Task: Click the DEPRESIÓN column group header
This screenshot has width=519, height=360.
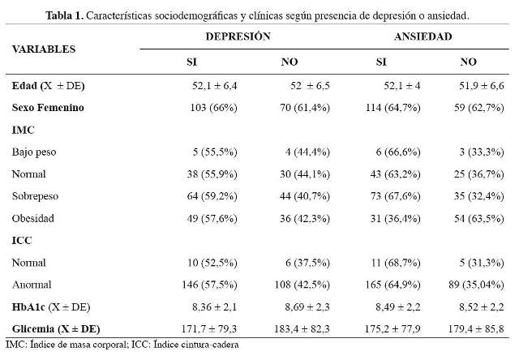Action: click(238, 36)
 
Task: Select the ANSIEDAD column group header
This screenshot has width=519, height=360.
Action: click(423, 36)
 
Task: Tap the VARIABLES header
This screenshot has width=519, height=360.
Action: click(44, 49)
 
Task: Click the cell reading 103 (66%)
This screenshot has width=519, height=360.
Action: click(214, 108)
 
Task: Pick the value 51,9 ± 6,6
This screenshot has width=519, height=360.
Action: click(482, 86)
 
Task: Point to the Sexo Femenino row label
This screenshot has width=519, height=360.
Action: click(48, 108)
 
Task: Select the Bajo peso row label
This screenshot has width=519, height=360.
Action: click(34, 152)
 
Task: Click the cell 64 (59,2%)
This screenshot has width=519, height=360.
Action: click(212, 196)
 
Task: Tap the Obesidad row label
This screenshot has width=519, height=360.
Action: click(33, 218)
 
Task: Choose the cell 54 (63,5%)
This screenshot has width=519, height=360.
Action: click(479, 218)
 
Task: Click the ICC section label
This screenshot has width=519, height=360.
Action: click(22, 240)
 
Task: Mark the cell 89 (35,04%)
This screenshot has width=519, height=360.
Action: click(477, 285)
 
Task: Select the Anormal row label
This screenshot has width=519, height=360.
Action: click(32, 285)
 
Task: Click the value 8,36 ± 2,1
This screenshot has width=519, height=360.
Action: click(214, 306)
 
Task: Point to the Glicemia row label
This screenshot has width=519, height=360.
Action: click(56, 329)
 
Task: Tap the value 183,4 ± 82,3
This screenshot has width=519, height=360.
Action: click(302, 329)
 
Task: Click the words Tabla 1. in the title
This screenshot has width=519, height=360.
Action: click(65, 15)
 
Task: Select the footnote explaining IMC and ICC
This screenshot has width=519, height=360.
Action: click(122, 345)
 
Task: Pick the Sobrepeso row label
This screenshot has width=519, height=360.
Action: click(35, 196)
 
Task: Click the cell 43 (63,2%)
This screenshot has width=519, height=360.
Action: click(396, 174)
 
